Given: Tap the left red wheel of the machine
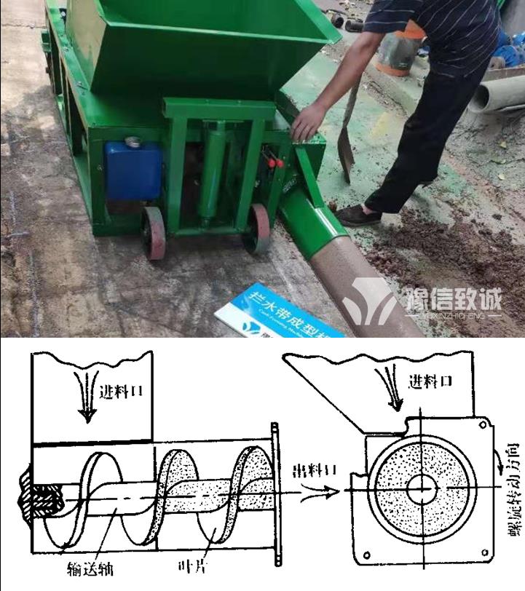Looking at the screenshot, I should [154, 232].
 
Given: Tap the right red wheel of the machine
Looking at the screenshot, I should [258, 228].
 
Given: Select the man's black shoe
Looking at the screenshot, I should [358, 215].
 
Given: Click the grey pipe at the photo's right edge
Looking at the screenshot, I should [498, 94].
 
